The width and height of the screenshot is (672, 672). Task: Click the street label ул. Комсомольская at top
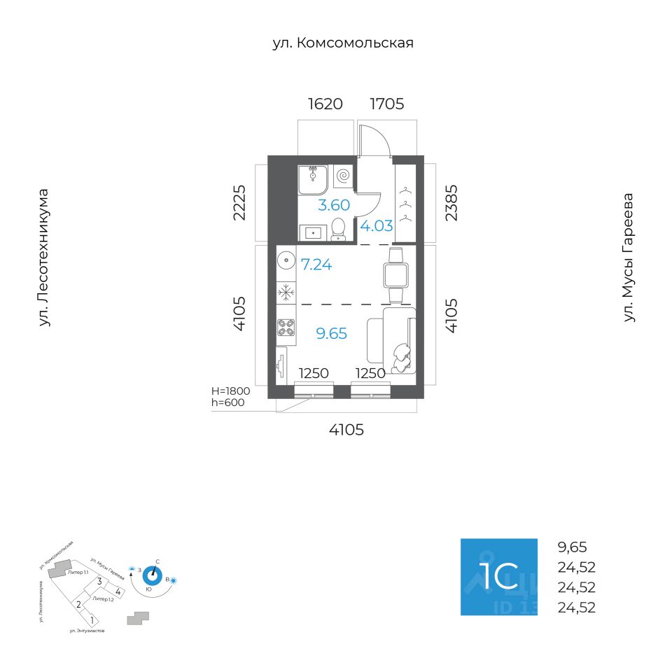343,43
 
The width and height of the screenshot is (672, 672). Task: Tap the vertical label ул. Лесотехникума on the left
44,257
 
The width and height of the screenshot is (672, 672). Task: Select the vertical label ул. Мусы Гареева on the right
629,258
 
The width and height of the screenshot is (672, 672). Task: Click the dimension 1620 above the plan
325,104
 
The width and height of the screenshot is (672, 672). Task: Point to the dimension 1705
387,104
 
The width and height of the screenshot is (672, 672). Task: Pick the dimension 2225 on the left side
240,202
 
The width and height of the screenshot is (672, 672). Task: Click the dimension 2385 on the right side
451,202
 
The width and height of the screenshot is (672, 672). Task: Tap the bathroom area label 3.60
334,206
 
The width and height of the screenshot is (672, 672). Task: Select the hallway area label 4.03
377,225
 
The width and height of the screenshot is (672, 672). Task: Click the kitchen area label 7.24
316,265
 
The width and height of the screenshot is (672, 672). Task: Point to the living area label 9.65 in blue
332,333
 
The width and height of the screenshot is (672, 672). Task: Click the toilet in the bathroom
338,228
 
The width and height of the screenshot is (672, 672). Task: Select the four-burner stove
286,328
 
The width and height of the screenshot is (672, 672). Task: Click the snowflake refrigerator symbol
286,293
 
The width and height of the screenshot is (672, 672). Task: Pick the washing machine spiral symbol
343,176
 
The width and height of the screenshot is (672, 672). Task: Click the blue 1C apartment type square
498,577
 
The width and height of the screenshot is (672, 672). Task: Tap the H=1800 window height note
230,391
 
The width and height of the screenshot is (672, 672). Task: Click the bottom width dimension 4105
346,430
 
